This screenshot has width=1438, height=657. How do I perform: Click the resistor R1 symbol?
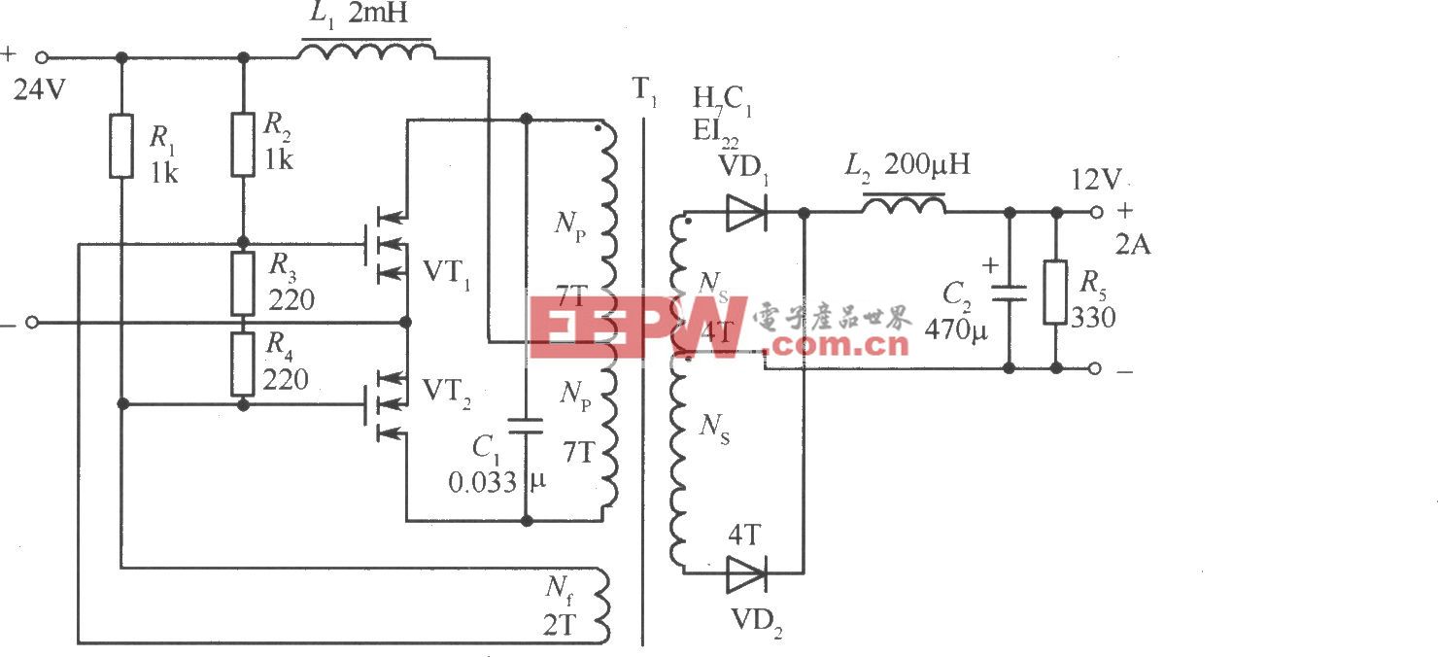coord(120,146)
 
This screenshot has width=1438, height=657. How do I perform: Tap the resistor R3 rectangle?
coord(243,283)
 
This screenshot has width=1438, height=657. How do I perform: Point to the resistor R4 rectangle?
coord(243,363)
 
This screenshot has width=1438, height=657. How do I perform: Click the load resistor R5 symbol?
coord(1056,292)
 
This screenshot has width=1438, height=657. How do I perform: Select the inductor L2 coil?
coord(904,204)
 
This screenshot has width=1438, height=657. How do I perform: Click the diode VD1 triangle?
coord(746,212)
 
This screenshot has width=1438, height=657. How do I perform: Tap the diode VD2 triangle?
coord(746,572)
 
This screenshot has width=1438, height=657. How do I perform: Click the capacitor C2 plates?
coord(1009,292)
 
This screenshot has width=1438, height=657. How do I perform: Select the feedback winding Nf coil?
coord(604,605)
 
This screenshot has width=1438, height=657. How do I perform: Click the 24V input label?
coord(40,90)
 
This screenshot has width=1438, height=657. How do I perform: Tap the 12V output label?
coord(1095,181)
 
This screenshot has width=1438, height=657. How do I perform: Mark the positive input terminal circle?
coord(42,58)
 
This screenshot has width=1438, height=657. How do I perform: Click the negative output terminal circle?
coord(1095,368)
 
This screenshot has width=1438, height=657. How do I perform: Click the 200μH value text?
coord(928,166)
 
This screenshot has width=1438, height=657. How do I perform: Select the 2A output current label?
coord(1132,244)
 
